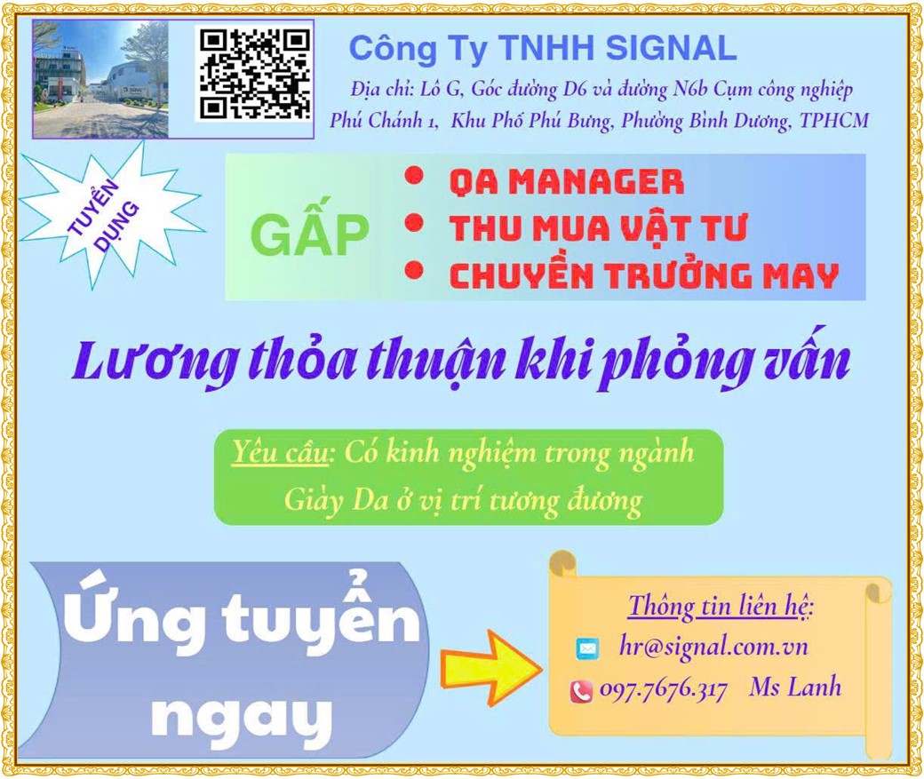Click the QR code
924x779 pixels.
(255, 74)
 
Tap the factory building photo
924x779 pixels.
(100, 80)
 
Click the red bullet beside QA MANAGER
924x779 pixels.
(415, 176)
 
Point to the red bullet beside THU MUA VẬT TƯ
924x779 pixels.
(415, 224)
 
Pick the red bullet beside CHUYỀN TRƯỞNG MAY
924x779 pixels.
(415, 270)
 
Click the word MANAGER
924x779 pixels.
(596, 181)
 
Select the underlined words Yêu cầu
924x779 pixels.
(279, 452)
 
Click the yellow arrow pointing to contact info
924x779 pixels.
(490, 668)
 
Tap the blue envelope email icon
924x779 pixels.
(587, 648)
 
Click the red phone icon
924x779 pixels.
(581, 691)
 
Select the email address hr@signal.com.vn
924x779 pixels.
(713, 647)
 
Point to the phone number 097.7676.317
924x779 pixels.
(664, 689)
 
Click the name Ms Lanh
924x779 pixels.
(795, 688)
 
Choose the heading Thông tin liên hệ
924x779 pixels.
(721, 607)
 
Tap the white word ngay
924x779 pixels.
(241, 717)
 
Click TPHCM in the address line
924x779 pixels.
(834, 120)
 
